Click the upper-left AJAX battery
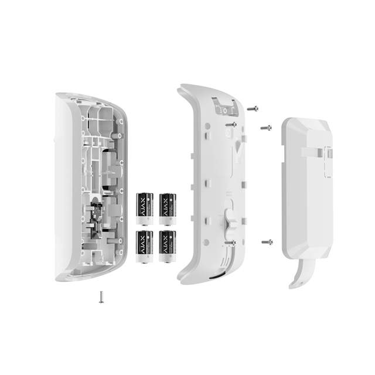click(144, 209)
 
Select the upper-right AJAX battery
click(168, 209)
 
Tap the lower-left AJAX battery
click(144, 246)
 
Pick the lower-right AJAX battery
click(168, 246)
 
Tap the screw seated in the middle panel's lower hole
click(234, 241)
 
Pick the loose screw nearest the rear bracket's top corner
click(265, 127)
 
